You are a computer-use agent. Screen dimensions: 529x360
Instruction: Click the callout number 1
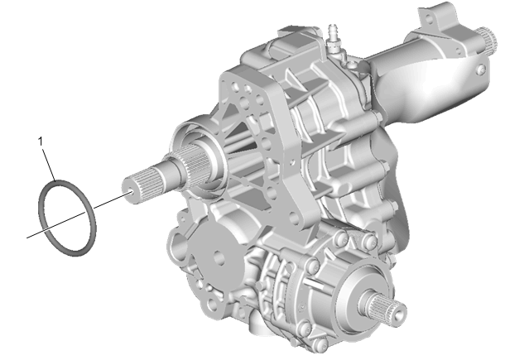tap(41, 142)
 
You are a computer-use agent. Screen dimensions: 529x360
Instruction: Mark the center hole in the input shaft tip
tap(130, 192)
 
